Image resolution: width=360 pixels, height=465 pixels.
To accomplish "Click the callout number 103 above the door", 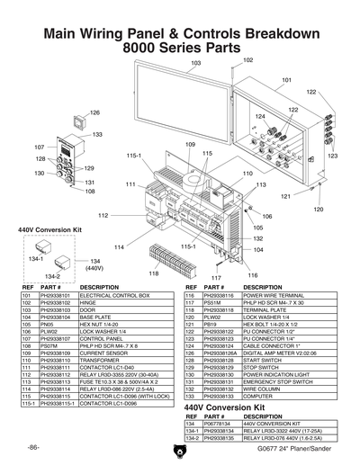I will [x=195, y=64].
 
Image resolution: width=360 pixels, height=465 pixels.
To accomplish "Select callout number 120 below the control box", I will [x=318, y=209].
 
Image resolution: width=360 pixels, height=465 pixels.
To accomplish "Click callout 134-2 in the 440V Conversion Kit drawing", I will [x=52, y=276].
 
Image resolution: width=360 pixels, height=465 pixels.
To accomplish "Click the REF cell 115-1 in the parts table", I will [x=27, y=403].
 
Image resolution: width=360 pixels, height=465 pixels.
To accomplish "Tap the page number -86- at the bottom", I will [x=32, y=447].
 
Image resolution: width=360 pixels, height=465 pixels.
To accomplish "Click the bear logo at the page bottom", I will [x=180, y=447].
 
